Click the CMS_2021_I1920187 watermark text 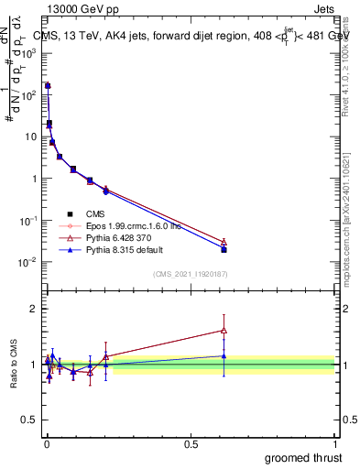click(x=191, y=273)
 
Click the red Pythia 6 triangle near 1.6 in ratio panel click(x=224, y=331)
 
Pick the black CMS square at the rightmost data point click(x=224, y=249)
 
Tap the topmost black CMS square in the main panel click(x=48, y=86)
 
